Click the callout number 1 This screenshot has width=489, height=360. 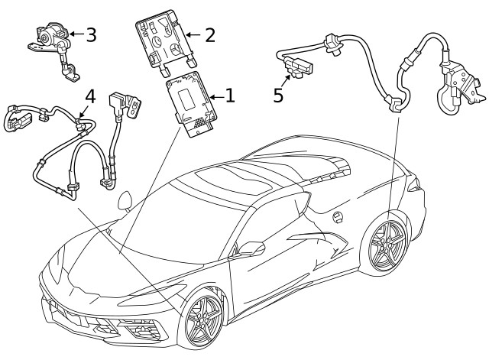click(230, 96)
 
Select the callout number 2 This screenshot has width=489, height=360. click(210, 35)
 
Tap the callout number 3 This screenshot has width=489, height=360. click(91, 34)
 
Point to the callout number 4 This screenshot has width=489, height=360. click(90, 96)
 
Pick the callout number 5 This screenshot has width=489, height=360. click(278, 95)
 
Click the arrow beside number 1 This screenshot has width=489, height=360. click(217, 97)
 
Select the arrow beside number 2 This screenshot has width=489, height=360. click(193, 34)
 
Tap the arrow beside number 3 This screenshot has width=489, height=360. click(76, 34)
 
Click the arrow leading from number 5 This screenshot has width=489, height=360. click(286, 80)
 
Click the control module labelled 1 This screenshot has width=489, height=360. click(192, 104)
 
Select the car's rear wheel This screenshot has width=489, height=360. click(387, 246)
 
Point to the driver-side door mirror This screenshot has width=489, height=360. click(251, 248)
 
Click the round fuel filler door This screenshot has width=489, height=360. click(338, 217)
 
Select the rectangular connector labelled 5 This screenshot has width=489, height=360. click(299, 66)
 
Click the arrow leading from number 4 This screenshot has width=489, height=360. click(83, 111)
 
